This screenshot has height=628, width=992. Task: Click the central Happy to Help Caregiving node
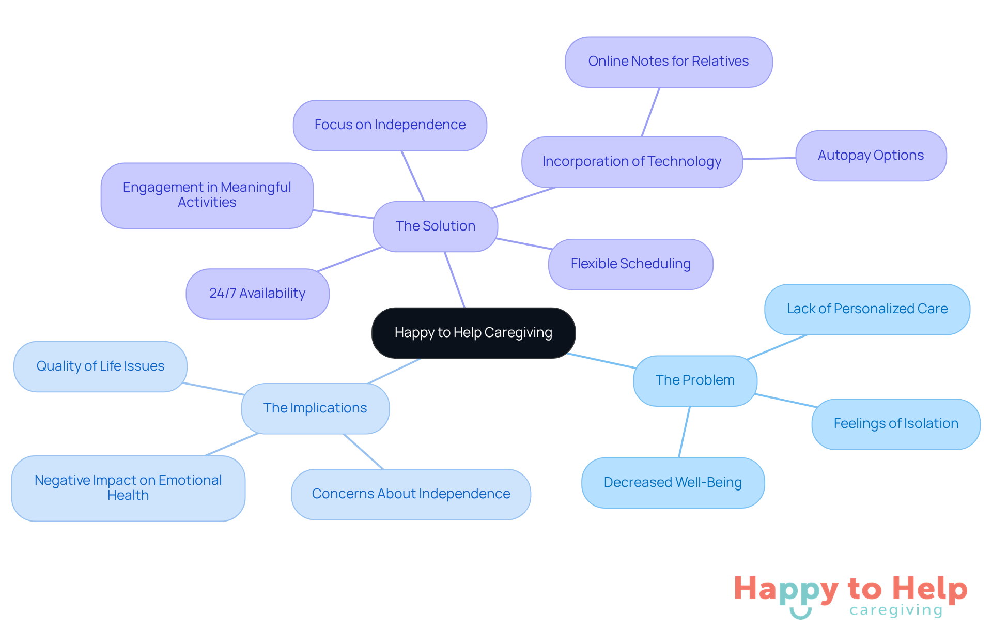pos(473,333)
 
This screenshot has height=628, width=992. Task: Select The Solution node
pos(435,226)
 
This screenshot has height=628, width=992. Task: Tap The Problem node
pos(695,380)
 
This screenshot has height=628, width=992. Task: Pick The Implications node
pos(315,408)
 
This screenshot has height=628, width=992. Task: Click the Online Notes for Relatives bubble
pos(668,62)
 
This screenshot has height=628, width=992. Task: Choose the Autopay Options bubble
pos(871,156)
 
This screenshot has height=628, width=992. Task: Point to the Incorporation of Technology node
pos(631,162)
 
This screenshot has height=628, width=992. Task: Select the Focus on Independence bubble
pos(390,125)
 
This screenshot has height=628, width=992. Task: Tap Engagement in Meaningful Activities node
pos(207,195)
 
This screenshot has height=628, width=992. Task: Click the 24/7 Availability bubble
pos(257,294)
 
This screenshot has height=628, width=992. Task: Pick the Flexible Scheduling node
pos(630,264)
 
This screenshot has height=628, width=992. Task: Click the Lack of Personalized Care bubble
pos(867,309)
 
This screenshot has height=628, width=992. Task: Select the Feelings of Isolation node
pos(895,424)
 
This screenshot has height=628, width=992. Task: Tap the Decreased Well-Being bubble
pos(673,483)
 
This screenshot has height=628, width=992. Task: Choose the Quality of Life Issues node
pos(100,366)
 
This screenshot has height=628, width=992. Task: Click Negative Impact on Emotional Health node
pos(128,488)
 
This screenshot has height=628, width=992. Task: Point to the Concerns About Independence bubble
pos(411,494)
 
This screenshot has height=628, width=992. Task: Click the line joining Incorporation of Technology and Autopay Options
pos(769,158)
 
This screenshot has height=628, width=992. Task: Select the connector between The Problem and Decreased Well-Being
pos(684,432)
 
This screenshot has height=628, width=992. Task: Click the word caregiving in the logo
pos(896,610)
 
